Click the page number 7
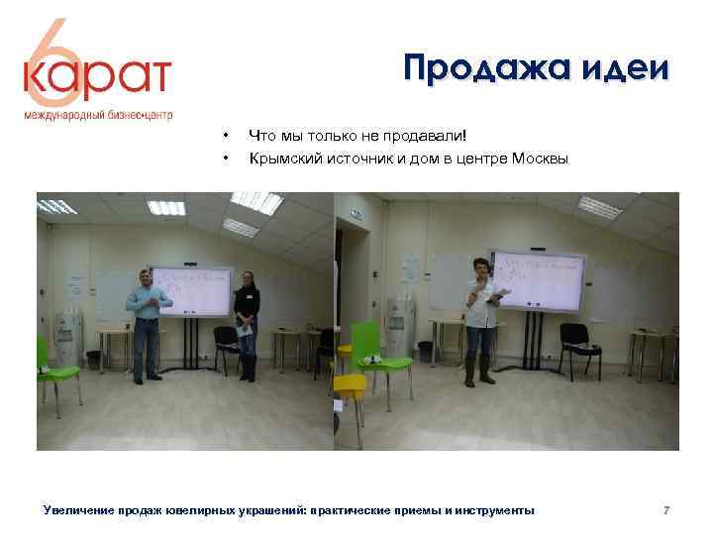coord(667,510)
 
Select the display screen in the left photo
coord(190,290)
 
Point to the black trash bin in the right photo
coord(426,351)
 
